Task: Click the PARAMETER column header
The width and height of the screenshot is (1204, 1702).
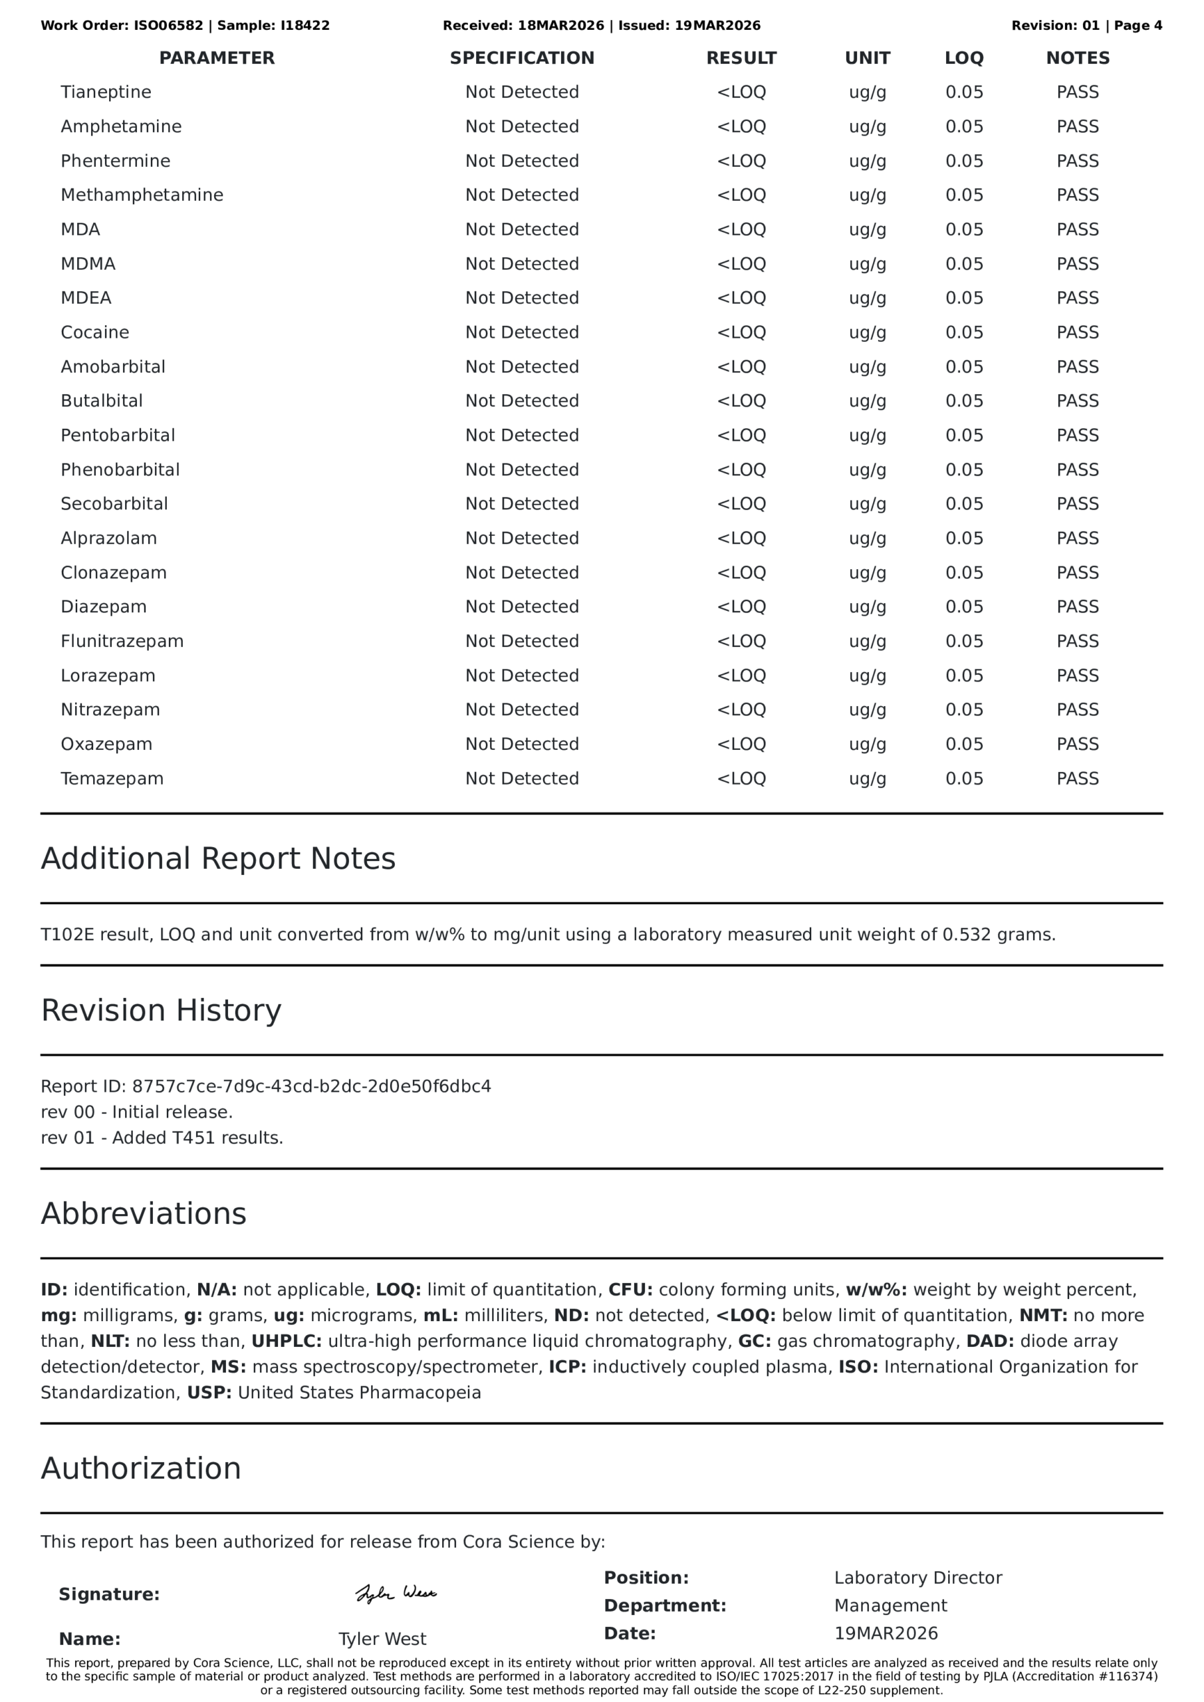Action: click(x=217, y=58)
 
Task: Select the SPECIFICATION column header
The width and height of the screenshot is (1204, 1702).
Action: click(x=522, y=58)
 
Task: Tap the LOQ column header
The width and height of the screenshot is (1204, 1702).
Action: click(x=964, y=58)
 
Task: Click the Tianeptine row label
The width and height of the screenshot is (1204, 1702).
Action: click(x=106, y=92)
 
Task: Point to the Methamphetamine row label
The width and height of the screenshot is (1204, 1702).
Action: click(x=142, y=195)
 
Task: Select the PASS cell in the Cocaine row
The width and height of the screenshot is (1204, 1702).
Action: click(x=1077, y=332)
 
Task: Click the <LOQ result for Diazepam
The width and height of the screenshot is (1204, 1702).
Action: click(x=741, y=606)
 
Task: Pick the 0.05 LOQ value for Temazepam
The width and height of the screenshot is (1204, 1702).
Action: click(x=964, y=779)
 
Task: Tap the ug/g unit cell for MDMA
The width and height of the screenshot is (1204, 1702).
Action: click(x=868, y=264)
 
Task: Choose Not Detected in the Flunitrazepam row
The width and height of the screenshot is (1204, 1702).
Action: click(x=522, y=641)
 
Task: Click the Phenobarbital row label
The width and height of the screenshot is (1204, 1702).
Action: click(x=120, y=470)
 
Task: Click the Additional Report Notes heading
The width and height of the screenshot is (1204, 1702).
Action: click(x=218, y=858)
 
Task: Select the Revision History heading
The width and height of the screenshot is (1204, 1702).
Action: click(x=161, y=1011)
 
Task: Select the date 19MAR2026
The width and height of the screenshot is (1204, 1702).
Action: click(x=886, y=1633)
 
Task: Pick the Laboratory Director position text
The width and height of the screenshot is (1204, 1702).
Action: click(x=918, y=1578)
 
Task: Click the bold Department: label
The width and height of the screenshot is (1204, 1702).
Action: click(x=665, y=1606)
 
